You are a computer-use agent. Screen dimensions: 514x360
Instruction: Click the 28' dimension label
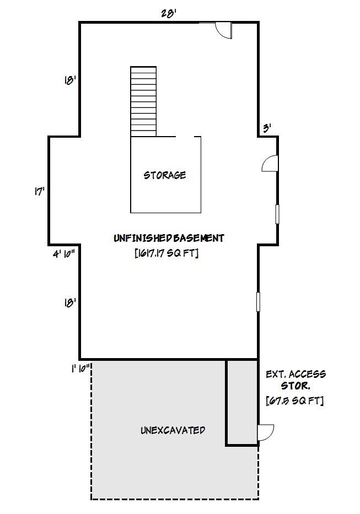pyautogui.click(x=169, y=13)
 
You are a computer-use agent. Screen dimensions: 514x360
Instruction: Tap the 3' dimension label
pyautogui.click(x=267, y=128)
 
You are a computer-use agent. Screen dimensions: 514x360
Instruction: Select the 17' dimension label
pyautogui.click(x=40, y=192)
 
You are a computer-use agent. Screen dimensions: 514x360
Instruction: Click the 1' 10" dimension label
pyautogui.click(x=81, y=369)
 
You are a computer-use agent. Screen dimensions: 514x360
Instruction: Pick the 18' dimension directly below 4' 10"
pyautogui.click(x=70, y=302)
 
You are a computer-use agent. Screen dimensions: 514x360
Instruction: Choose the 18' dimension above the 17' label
pyautogui.click(x=70, y=80)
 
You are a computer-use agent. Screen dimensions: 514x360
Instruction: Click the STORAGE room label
pyautogui.click(x=165, y=175)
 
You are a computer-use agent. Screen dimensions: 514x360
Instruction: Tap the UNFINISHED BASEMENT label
pyautogui.click(x=169, y=238)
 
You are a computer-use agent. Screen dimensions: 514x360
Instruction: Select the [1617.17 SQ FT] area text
pyautogui.click(x=166, y=253)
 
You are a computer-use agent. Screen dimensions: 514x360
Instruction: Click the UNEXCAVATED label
pyautogui.click(x=173, y=430)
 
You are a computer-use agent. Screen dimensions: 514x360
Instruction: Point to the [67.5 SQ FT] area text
pyautogui.click(x=294, y=400)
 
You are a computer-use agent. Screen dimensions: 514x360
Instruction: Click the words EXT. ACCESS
pyautogui.click(x=295, y=374)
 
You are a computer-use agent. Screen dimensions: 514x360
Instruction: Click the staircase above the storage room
pyautogui.click(x=143, y=101)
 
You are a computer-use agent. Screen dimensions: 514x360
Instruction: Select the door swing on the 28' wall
pyautogui.click(x=223, y=30)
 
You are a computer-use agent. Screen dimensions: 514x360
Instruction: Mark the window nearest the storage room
pyautogui.click(x=277, y=214)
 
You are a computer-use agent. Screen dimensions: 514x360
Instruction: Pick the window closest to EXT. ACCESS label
pyautogui.click(x=257, y=302)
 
